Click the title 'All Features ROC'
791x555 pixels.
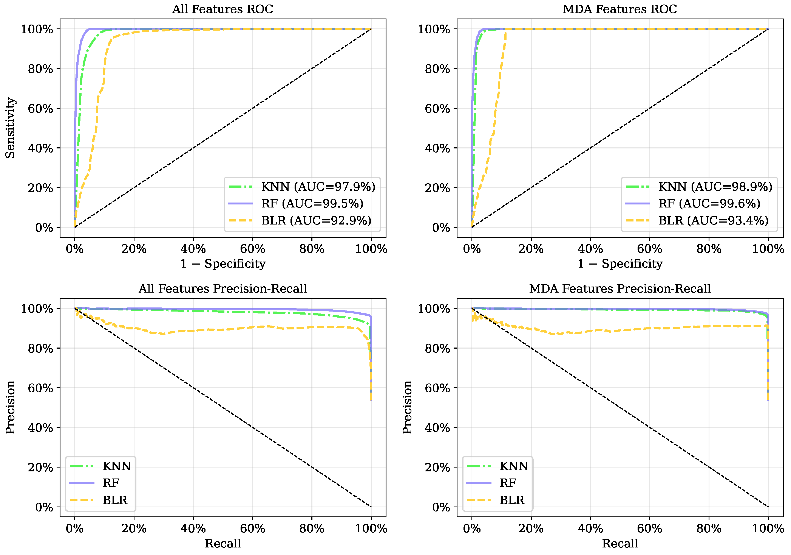222,9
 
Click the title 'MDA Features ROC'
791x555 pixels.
620,9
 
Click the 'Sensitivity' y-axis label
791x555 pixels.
10,128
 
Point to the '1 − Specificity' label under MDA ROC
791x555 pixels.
620,264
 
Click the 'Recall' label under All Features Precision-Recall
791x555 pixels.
222,544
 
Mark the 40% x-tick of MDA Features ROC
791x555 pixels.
590,249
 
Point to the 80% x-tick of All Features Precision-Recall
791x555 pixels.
312,528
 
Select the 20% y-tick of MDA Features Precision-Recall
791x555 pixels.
437,467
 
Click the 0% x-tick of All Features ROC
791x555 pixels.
74,249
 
